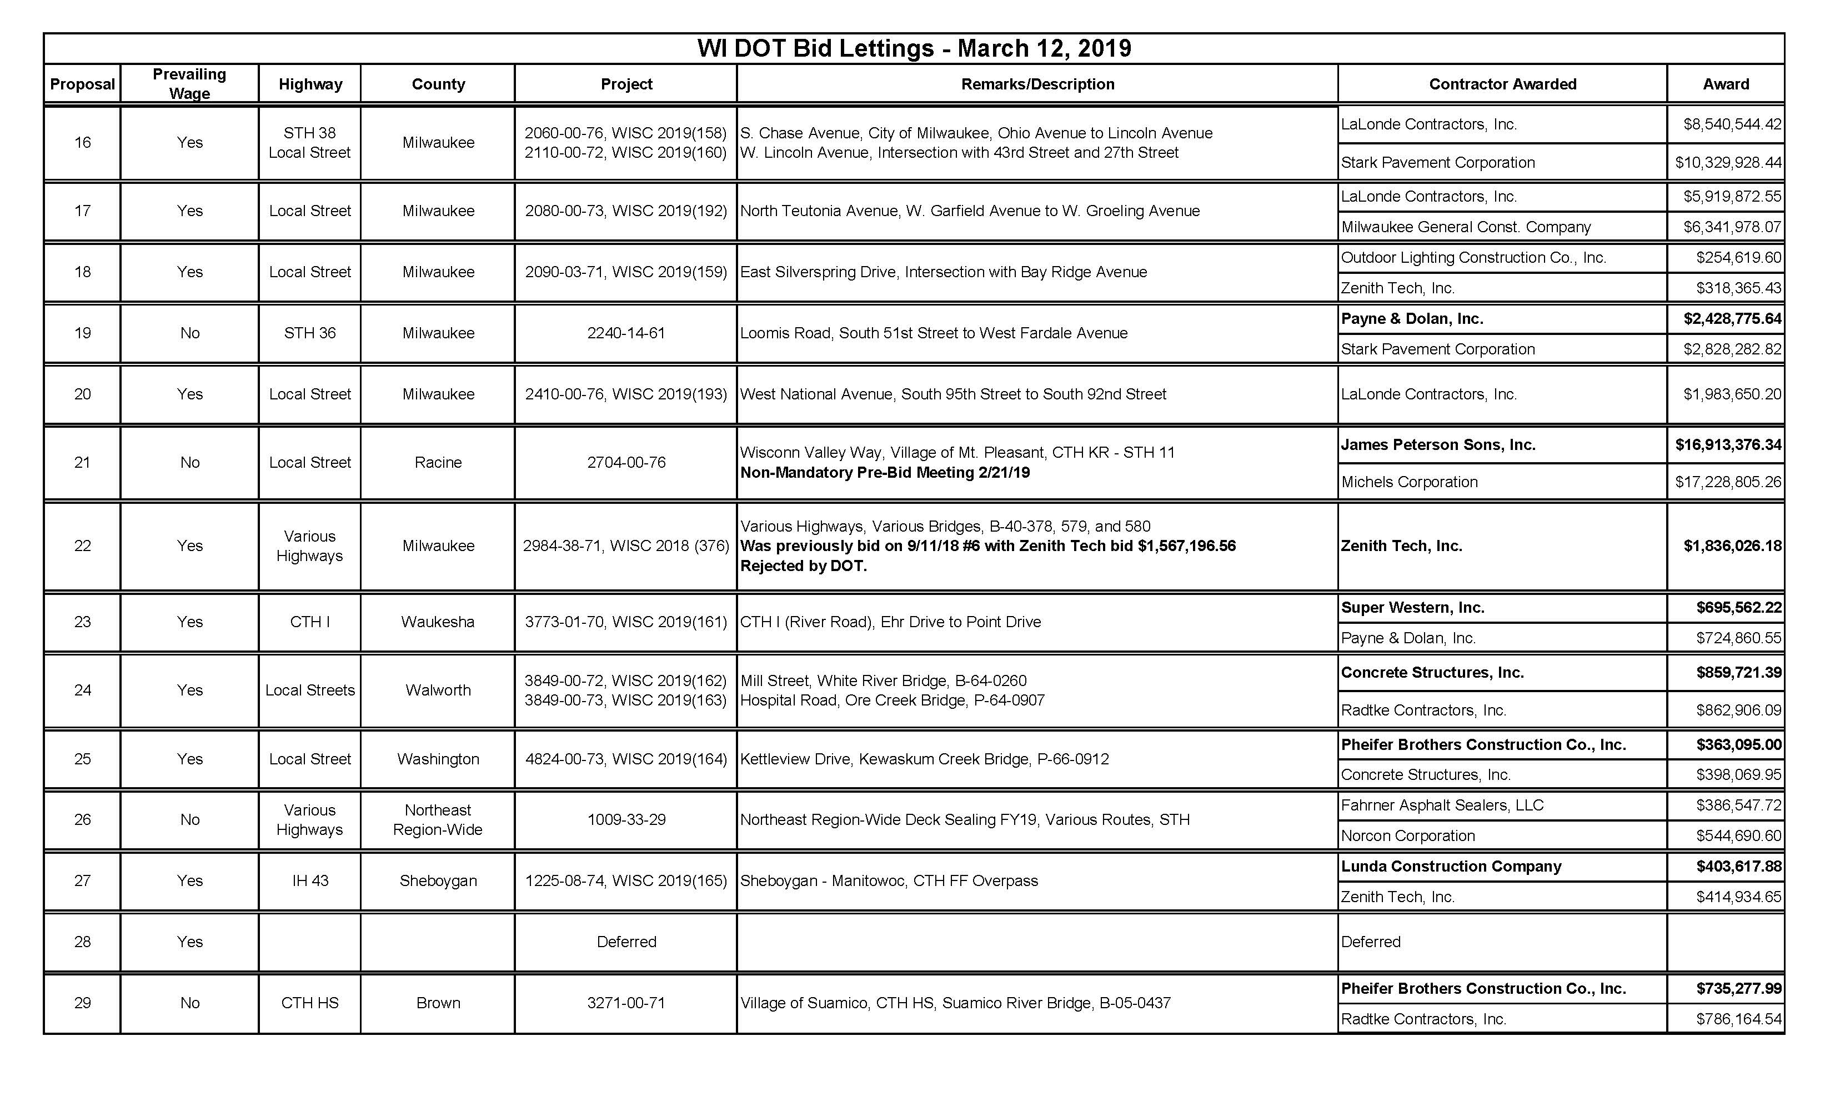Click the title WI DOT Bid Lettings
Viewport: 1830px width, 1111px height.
point(914,48)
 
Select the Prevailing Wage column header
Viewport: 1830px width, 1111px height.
point(189,84)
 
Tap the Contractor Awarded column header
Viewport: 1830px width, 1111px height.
point(1502,84)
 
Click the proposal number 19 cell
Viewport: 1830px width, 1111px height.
point(82,333)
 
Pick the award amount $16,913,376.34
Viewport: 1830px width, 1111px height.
point(1727,445)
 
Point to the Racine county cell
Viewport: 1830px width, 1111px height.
point(438,463)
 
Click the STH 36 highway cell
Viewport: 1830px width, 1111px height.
point(310,333)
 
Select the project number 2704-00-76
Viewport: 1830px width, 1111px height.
point(626,463)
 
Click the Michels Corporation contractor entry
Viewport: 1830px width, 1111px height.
point(1409,482)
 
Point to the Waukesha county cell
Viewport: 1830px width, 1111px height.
point(438,622)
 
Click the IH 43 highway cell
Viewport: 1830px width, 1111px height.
point(310,881)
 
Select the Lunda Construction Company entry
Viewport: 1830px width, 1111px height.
point(1451,867)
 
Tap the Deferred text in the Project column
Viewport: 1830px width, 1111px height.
point(626,942)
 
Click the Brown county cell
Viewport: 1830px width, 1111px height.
point(438,1003)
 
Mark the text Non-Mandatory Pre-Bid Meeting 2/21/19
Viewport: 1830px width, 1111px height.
point(885,473)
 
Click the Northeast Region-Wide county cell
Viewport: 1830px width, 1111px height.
point(438,820)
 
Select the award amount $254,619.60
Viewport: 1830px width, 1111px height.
point(1738,258)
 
